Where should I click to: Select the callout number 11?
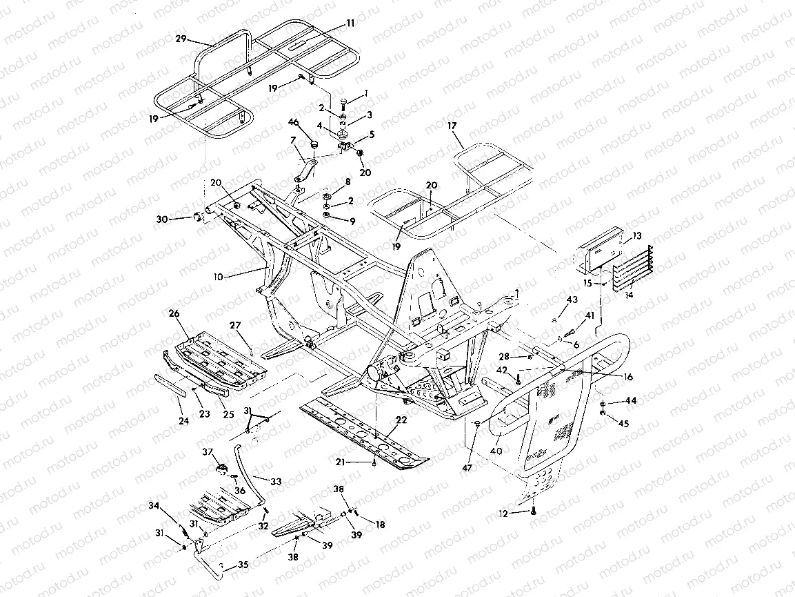point(350,23)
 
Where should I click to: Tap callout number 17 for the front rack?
point(452,127)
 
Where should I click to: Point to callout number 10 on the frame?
point(219,276)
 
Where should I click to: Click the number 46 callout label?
point(293,122)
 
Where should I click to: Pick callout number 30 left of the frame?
point(162,219)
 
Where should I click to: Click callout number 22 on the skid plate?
point(401,420)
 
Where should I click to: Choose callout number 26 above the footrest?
point(173,314)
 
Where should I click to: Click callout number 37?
point(206,452)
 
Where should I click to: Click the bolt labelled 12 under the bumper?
point(533,512)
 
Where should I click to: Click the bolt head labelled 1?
point(343,103)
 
